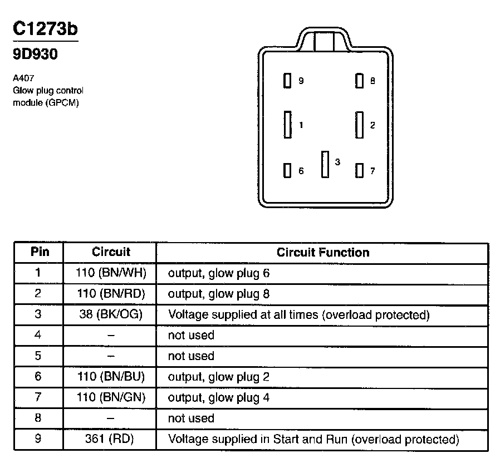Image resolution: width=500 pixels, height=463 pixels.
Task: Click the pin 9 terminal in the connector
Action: click(x=287, y=81)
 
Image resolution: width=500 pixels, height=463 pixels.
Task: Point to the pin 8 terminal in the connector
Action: click(x=360, y=81)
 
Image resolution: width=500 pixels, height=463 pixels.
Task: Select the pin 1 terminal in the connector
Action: click(x=287, y=125)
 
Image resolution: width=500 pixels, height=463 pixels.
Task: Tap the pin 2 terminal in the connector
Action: click(x=360, y=125)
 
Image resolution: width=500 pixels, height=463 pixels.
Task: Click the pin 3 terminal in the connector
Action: click(x=325, y=164)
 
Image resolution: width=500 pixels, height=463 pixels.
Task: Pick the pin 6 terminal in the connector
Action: click(x=287, y=170)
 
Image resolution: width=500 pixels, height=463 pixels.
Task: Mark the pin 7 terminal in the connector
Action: click(x=360, y=170)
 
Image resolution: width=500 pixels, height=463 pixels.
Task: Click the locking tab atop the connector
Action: click(x=325, y=41)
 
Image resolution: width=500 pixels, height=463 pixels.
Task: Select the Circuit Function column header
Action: click(x=323, y=252)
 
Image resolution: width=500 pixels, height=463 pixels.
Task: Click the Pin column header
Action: click(x=39, y=252)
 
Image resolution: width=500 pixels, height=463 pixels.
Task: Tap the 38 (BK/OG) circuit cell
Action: click(x=111, y=314)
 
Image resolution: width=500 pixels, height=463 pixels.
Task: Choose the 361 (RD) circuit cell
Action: click(x=111, y=439)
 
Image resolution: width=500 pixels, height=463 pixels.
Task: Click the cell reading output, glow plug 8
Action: click(x=219, y=294)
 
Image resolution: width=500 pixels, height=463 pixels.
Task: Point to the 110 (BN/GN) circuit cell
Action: click(x=111, y=397)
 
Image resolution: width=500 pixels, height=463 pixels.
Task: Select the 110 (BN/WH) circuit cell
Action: click(x=111, y=273)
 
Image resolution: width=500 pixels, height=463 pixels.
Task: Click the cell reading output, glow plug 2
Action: click(x=219, y=377)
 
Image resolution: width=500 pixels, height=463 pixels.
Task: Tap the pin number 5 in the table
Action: click(x=38, y=356)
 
